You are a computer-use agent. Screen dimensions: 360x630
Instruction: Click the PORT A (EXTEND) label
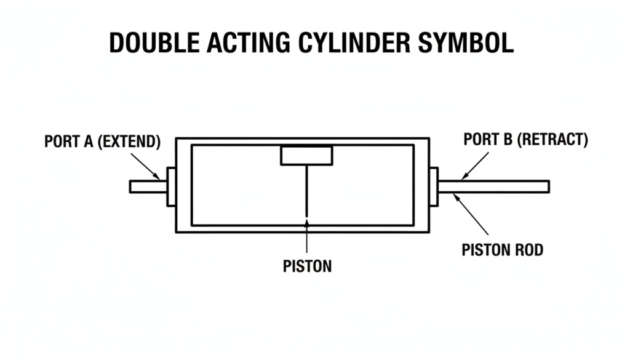103,141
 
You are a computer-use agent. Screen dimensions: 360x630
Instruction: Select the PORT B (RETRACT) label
525,140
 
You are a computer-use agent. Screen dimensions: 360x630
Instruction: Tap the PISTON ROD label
502,250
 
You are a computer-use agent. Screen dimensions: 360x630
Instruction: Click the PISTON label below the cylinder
307,266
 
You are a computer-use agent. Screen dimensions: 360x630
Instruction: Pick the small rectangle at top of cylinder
306,155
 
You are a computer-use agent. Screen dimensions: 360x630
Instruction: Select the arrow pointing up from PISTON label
306,237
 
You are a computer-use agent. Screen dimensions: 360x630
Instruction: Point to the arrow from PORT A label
148,166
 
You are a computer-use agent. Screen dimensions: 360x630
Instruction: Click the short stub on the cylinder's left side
148,186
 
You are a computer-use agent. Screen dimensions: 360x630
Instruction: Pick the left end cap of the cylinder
171,186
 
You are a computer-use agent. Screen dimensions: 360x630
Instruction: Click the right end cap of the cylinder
433,186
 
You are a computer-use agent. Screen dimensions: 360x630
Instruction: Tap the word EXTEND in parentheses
131,141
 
